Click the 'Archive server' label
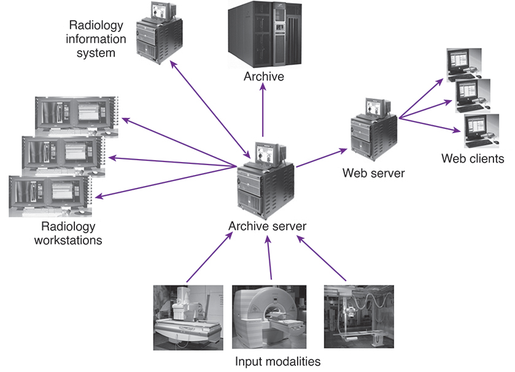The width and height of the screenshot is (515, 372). pyautogui.click(x=267, y=226)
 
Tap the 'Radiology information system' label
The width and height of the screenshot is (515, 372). pyautogui.click(x=96, y=39)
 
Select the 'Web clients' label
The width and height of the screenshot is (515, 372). pyautogui.click(x=473, y=159)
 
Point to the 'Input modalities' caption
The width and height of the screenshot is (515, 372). pyautogui.click(x=277, y=361)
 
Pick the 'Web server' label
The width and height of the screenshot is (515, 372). pyautogui.click(x=373, y=173)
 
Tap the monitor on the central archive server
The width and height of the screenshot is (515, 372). pyautogui.click(x=269, y=153)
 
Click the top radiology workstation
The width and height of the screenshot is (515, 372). pyautogui.click(x=77, y=117)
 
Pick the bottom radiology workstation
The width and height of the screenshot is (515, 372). pyautogui.click(x=49, y=195)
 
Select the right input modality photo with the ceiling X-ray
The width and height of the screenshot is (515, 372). pyautogui.click(x=358, y=316)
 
